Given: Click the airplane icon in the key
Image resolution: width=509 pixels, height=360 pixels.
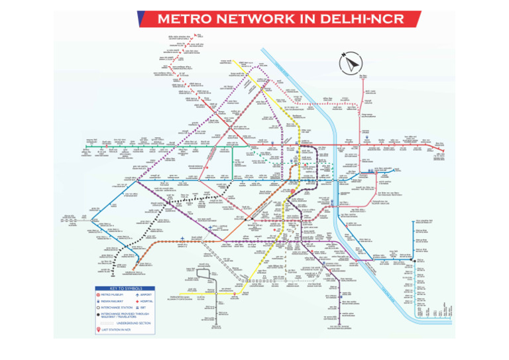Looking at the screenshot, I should tap(137, 295).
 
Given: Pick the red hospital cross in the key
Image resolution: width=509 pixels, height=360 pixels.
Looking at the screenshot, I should tap(137, 302).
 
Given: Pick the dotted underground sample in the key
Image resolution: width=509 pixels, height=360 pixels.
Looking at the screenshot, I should tap(107, 322).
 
